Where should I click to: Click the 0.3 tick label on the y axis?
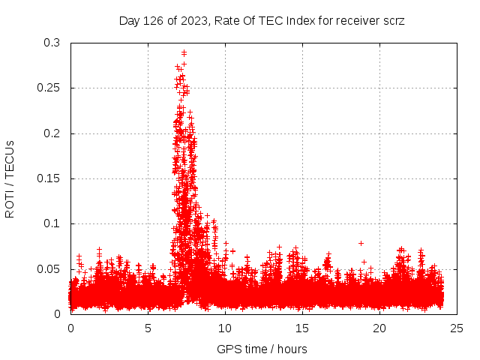(x=52, y=43)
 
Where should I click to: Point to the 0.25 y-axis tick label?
(x=49, y=88)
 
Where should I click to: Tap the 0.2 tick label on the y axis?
(x=52, y=133)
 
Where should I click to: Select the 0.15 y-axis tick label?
(x=49, y=178)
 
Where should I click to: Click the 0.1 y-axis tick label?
(x=52, y=223)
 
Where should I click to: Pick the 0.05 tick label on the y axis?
(x=49, y=268)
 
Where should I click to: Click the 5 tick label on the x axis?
(x=148, y=328)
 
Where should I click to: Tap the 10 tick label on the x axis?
(x=225, y=328)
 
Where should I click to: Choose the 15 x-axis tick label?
(x=302, y=328)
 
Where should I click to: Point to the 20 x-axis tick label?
(x=379, y=328)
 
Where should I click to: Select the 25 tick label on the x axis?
(x=457, y=328)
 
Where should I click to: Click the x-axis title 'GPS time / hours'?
(x=262, y=349)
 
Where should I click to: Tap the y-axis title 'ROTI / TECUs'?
(x=10, y=178)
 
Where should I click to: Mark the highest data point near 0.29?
(x=184, y=52)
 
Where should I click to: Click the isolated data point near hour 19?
(x=361, y=243)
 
